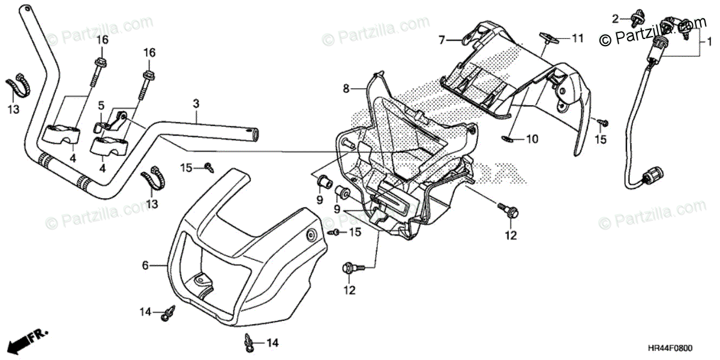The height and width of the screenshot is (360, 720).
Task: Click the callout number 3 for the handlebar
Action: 196,104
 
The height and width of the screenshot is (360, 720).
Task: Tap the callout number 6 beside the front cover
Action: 145,264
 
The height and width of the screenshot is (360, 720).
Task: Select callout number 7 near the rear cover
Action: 442,40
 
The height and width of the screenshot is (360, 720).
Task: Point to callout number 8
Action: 346,89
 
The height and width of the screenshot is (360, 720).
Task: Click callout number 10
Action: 532,139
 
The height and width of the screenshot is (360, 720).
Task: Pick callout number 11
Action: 577,38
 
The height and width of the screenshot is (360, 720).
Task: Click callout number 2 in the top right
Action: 615,19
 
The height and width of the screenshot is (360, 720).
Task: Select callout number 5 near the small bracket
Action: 101,106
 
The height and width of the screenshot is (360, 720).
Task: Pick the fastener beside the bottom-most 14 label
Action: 248,343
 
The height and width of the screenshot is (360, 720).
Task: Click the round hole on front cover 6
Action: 311,234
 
